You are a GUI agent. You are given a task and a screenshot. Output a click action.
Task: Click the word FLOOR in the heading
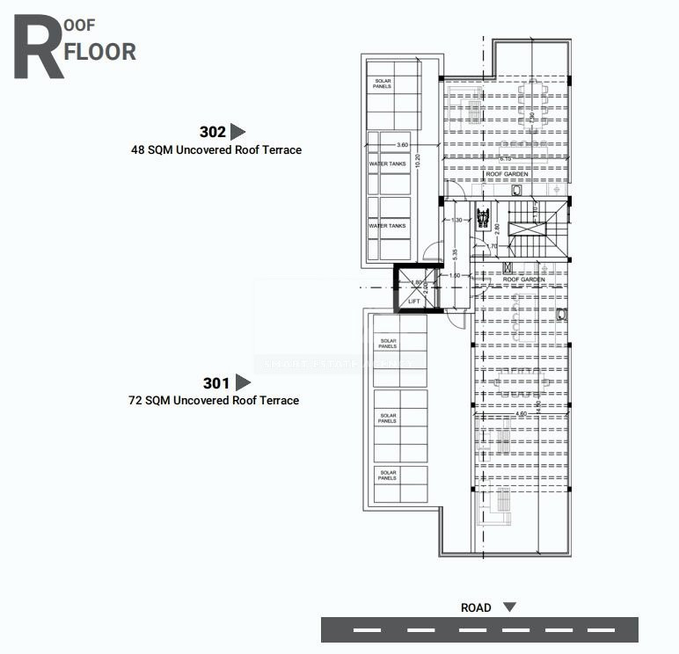100,51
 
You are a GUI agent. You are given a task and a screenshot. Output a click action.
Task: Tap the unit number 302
213,133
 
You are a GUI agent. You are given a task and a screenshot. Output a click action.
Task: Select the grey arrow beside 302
237,133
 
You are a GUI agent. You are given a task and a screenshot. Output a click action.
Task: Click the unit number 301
215,383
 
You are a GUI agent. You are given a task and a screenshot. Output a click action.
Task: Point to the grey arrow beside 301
243,383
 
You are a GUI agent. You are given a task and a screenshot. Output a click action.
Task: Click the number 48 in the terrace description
137,150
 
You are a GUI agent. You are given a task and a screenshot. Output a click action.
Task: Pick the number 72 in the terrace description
135,401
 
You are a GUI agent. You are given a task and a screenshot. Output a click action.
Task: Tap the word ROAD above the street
476,607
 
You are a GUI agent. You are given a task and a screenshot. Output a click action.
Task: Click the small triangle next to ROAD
508,607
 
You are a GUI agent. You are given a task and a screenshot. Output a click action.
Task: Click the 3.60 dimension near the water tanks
402,144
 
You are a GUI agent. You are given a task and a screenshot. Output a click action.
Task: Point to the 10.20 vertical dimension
419,162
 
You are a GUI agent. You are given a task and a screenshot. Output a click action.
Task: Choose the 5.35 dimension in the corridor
454,255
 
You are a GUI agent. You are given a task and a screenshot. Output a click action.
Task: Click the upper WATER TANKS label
387,163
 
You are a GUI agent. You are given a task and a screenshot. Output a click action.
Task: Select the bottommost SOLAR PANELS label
388,475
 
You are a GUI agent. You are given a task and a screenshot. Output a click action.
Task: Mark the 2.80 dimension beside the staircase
497,229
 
